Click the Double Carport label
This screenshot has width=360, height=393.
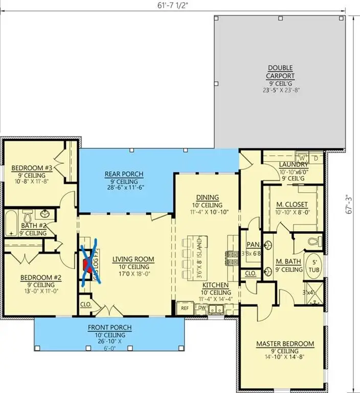279,72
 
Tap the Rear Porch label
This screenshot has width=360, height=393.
124,174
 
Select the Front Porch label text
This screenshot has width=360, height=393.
109,327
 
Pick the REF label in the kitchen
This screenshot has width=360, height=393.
184,308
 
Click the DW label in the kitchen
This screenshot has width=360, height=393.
201,308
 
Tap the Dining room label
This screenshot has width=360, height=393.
207,198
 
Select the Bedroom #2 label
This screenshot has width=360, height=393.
40,278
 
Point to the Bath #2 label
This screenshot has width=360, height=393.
34,225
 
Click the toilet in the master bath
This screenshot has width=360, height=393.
314,240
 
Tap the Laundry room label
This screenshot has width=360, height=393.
294,164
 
